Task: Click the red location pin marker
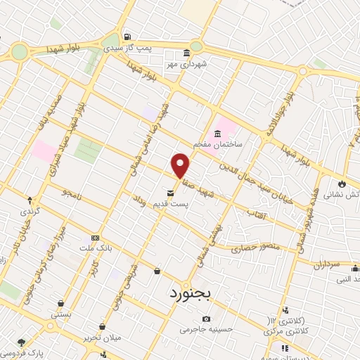181,165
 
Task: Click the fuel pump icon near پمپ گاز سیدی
127,37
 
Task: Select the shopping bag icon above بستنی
61,304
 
